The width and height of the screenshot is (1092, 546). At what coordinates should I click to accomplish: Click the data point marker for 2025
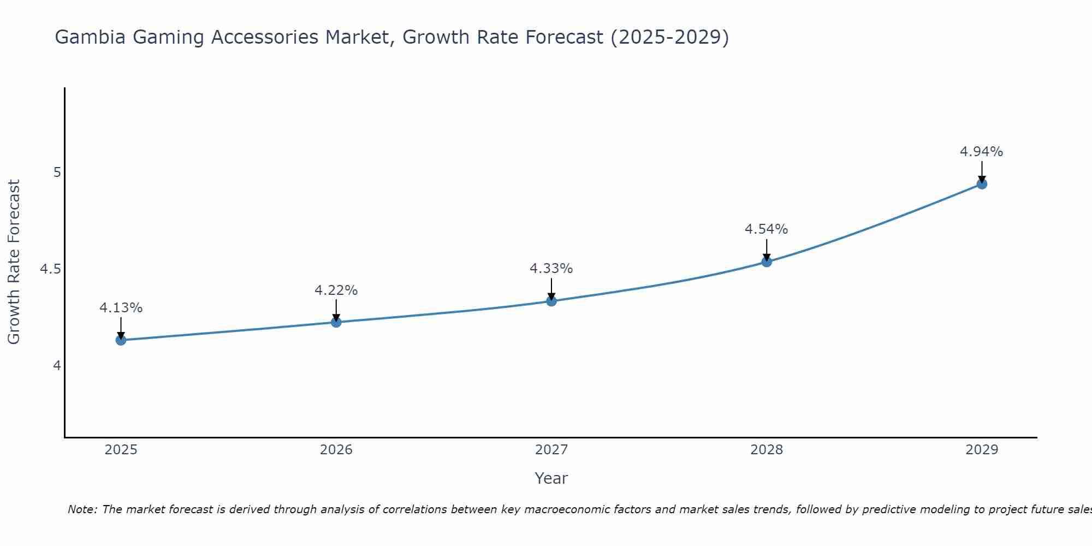(x=121, y=340)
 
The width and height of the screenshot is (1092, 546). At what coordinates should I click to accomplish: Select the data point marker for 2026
(x=336, y=322)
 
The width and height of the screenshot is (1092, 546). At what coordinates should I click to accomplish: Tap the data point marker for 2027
(x=551, y=301)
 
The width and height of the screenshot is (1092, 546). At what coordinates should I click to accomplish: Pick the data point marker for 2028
(x=766, y=262)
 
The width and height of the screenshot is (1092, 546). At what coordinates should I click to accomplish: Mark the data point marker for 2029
(x=981, y=184)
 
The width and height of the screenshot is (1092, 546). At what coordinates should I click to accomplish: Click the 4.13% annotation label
(x=121, y=308)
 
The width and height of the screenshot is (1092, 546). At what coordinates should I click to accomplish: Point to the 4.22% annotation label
(x=336, y=290)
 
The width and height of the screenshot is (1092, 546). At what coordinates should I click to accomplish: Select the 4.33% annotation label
(x=551, y=269)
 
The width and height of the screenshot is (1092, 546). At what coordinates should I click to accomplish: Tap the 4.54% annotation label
(x=766, y=229)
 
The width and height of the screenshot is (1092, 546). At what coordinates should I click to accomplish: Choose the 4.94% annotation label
(x=981, y=152)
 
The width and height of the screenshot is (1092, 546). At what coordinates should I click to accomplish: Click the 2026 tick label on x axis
(x=336, y=450)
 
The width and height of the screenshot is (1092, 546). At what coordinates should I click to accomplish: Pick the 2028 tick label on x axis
(x=766, y=450)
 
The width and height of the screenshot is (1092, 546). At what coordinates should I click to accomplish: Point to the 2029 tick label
(x=981, y=450)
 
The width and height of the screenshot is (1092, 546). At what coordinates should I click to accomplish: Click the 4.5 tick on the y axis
(x=50, y=269)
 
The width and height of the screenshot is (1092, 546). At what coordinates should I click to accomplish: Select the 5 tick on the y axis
(x=56, y=173)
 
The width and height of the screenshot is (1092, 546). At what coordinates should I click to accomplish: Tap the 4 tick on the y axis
(x=56, y=366)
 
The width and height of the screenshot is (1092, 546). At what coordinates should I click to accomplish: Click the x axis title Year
(x=551, y=478)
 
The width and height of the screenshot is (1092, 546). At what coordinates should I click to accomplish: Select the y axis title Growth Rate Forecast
(x=14, y=262)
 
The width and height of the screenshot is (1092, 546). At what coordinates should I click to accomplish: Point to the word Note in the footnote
(x=82, y=509)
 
